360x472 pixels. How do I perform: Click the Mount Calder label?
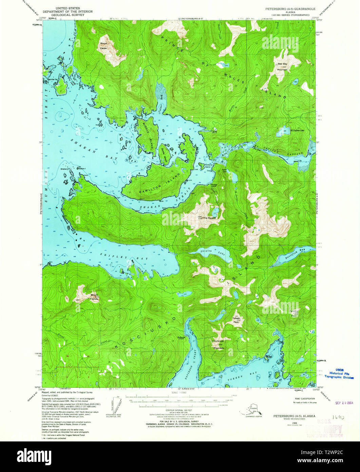click(x=103, y=46)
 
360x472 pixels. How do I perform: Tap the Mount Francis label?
click(x=94, y=296)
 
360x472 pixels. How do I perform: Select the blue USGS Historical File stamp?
click(x=339, y=374)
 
